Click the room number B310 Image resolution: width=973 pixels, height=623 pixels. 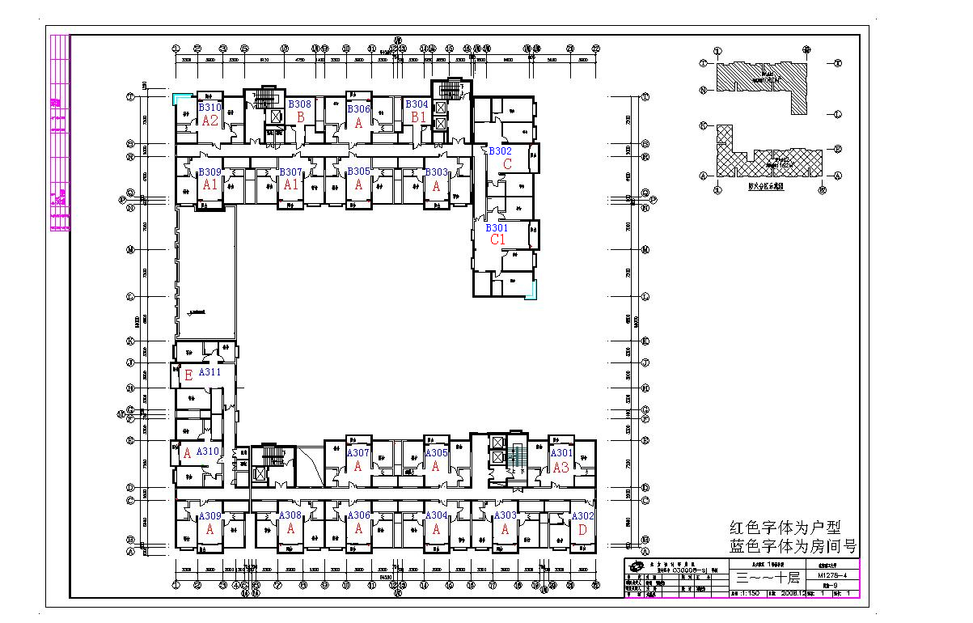coord(210,108)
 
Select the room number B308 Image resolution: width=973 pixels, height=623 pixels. coord(300,104)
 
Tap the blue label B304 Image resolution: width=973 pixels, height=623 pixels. coord(417,105)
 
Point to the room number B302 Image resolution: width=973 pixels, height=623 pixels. coord(500,151)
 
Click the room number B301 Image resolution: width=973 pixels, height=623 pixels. coord(497,228)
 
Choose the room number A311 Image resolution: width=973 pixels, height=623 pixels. coord(209,373)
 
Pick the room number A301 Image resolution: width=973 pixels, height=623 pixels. coord(561,454)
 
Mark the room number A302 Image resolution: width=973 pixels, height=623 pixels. coord(582,516)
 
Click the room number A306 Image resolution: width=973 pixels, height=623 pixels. coord(358,516)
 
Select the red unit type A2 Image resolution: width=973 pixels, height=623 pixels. coord(210,121)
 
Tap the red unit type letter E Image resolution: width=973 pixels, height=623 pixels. coord(188,375)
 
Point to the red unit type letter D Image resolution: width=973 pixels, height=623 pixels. coord(582,530)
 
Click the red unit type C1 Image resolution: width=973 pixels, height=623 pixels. coord(497,240)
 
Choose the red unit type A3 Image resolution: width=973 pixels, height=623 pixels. coord(561,467)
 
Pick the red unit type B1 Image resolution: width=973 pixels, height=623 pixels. coord(418,118)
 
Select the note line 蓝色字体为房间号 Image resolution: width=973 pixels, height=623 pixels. coord(793,547)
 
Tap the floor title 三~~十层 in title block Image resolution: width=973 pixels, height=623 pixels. coord(768,578)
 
